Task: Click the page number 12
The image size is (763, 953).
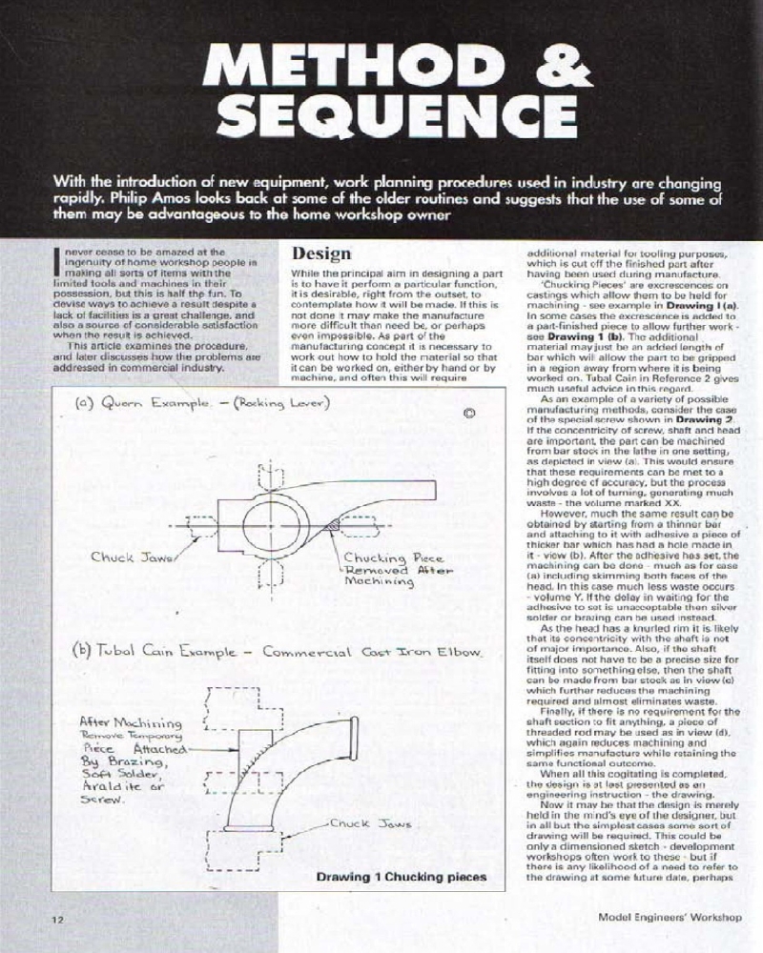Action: click(x=57, y=919)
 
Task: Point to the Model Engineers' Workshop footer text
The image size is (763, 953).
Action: click(x=669, y=919)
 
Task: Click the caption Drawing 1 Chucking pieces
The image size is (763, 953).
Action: click(x=401, y=876)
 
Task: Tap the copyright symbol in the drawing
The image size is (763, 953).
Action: click(x=469, y=414)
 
